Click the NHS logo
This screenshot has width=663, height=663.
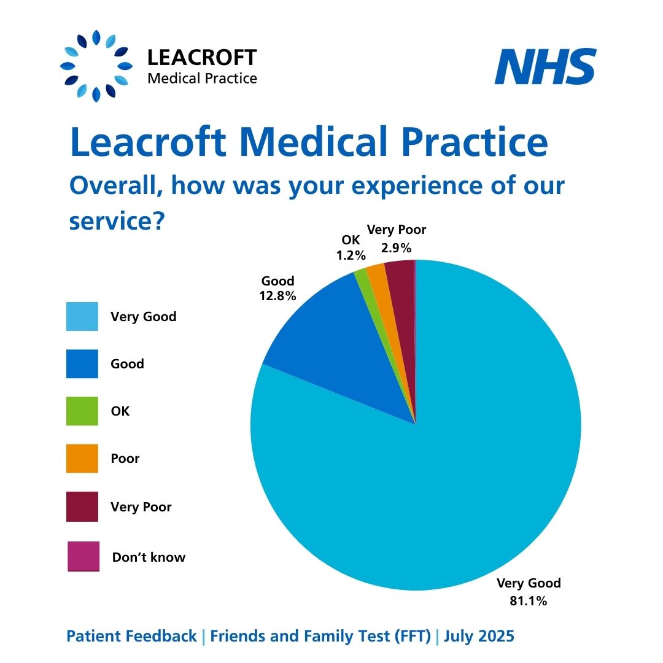545,67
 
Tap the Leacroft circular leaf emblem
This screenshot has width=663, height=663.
96,66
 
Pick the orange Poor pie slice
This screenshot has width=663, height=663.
376,274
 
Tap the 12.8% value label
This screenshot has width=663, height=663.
278,295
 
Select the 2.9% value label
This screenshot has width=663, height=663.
396,248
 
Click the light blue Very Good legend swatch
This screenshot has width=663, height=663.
82,317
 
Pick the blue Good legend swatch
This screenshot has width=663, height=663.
82,364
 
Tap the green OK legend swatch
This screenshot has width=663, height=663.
82,411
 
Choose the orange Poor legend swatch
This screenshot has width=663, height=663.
82,459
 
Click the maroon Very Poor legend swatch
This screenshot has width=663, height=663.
82,506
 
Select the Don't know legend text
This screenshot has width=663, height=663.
149,557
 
